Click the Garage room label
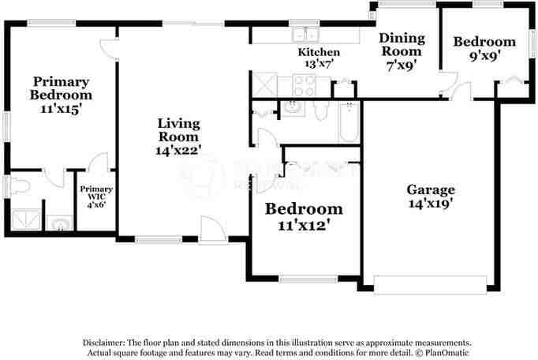[431, 189]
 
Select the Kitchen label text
[319, 52]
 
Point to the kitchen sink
[304, 35]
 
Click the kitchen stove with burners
[304, 84]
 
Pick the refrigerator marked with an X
[263, 83]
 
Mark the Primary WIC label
[95, 194]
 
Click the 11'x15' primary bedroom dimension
[61, 109]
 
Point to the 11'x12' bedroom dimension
[304, 224]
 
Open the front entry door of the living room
[211, 230]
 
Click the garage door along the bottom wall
[431, 283]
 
